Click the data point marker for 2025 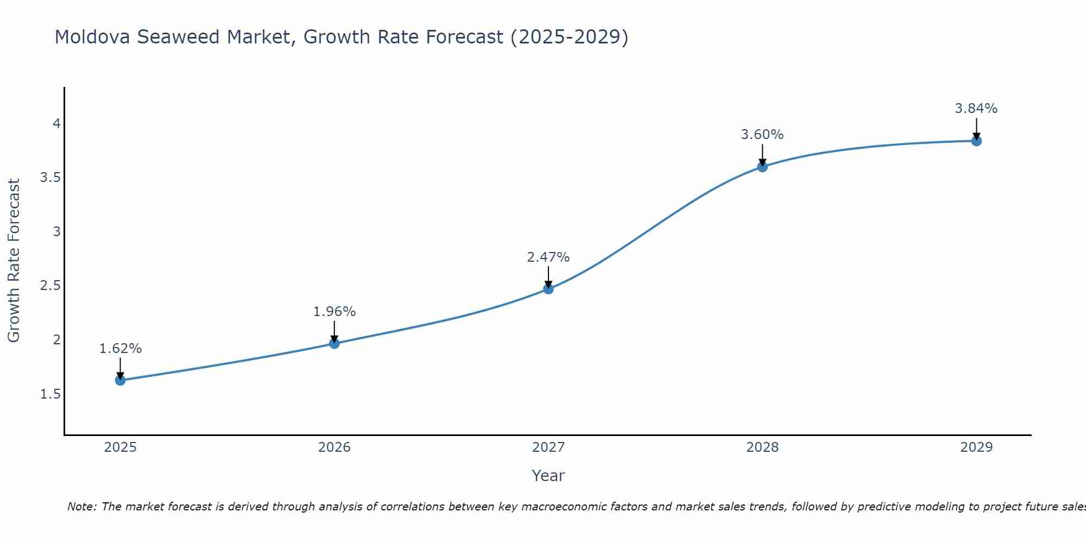[x=121, y=380]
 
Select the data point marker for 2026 [x=334, y=343]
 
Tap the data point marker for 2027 [x=548, y=289]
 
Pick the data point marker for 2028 [x=762, y=167]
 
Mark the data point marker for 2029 [x=976, y=141]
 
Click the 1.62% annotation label [x=121, y=349]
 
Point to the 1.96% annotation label [x=334, y=312]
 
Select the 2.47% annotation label [x=548, y=257]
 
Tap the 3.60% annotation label [x=762, y=135]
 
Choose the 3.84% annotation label [x=976, y=109]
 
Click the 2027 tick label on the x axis [x=548, y=447]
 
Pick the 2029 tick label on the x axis [x=976, y=447]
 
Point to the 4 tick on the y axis [x=56, y=124]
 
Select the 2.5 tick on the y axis [x=50, y=286]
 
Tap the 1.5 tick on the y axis [x=50, y=394]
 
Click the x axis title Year [x=548, y=476]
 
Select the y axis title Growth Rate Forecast [x=14, y=261]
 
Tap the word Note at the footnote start [x=81, y=507]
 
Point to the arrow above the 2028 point [x=762, y=154]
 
